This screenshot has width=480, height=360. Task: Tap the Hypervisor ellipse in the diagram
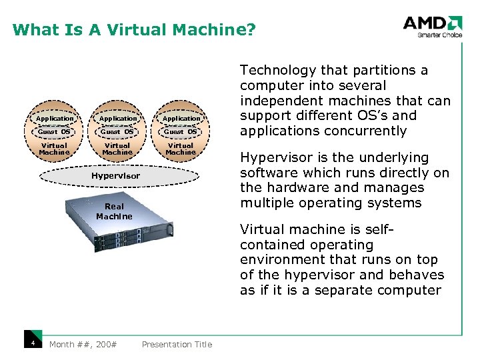[117, 176]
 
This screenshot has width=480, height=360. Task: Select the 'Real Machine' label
[114, 211]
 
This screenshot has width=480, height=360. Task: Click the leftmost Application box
[55, 118]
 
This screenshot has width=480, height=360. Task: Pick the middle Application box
[117, 118]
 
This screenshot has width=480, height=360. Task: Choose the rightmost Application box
[181, 118]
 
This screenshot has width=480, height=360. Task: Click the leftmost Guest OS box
[54, 131]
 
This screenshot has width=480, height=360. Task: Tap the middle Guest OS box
[117, 131]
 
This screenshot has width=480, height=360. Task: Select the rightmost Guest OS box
[181, 131]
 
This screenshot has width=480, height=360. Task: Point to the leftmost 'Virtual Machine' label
[54, 149]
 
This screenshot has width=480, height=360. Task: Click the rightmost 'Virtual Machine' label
[181, 149]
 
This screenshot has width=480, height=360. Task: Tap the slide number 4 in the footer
[32, 343]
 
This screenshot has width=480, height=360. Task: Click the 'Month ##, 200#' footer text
[83, 344]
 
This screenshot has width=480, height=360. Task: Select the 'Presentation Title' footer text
[177, 344]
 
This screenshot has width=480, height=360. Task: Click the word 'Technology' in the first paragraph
[278, 70]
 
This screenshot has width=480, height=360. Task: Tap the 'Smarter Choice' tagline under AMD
[439, 35]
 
